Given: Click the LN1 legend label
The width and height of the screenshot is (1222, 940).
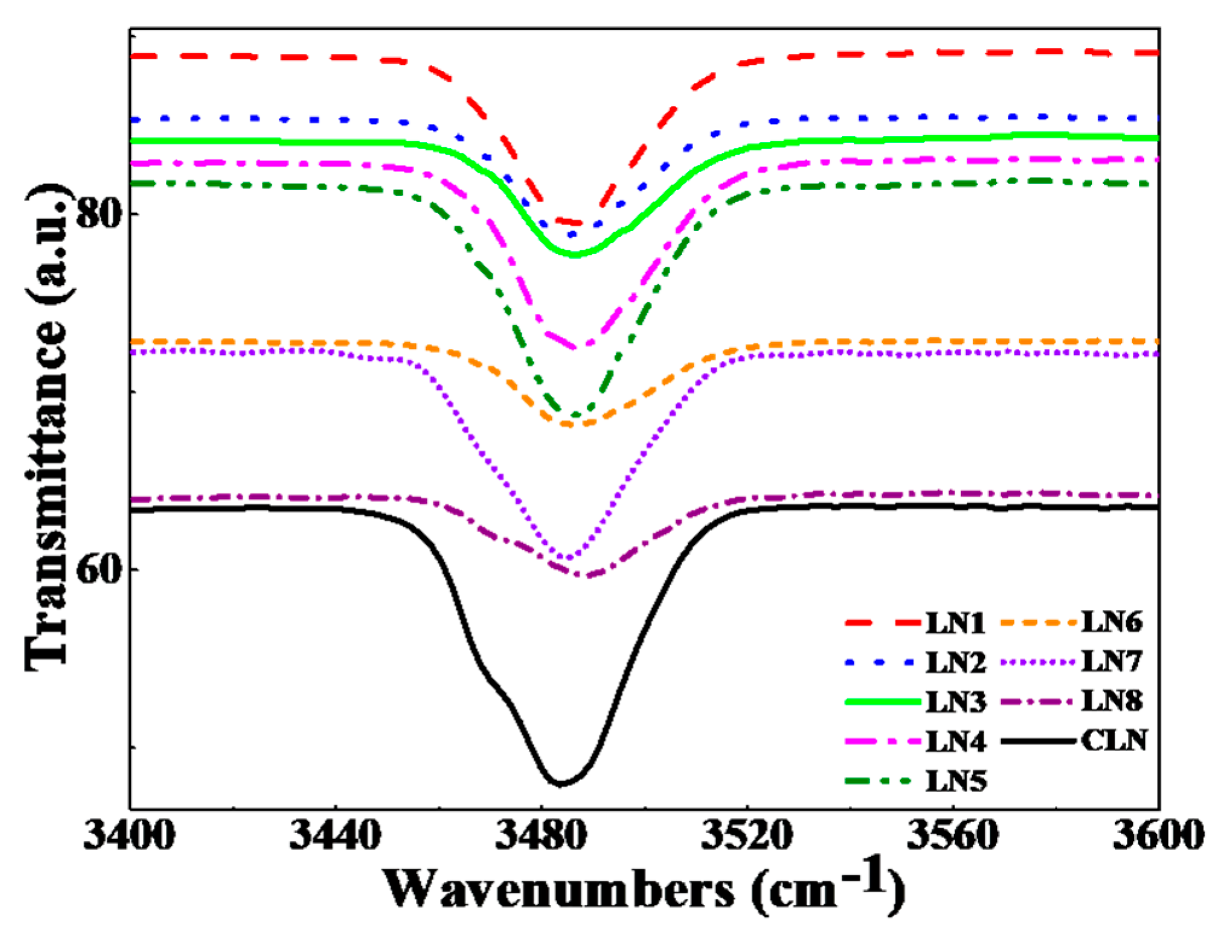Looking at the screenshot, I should (955, 623).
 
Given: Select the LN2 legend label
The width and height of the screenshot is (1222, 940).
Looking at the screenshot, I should (955, 663).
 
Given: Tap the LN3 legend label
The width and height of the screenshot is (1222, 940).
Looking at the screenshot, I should (955, 702).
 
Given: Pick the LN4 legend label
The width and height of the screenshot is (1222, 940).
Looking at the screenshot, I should (955, 742).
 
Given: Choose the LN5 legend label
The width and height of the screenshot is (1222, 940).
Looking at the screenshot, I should (955, 781).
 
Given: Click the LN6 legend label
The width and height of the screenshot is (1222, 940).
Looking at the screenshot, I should (1111, 622).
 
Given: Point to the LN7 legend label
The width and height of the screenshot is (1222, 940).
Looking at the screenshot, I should (1111, 662).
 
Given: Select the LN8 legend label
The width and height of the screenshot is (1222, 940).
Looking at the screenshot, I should (1111, 701).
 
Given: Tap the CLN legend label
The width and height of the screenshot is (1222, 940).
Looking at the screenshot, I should (1114, 740).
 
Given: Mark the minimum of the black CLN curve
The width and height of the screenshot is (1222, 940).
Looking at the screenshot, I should (560, 784).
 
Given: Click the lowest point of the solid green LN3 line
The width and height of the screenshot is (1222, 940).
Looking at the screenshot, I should (575, 254).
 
